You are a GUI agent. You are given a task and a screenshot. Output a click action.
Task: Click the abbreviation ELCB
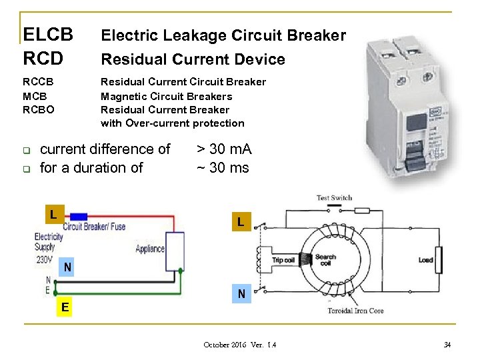[47, 34]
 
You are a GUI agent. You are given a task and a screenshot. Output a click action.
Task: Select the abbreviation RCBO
[39, 109]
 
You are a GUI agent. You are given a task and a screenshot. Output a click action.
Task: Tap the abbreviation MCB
[35, 96]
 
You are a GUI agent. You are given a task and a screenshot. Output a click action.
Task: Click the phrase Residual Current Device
[193, 59]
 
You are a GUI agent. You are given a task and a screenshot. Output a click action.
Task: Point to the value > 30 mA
[224, 149]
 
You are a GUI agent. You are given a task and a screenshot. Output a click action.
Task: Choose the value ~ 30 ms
[223, 167]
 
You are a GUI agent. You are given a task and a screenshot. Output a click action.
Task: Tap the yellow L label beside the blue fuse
[51, 215]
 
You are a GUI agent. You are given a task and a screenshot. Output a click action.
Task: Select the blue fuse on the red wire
[78, 216]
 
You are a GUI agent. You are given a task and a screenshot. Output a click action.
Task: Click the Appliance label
[150, 249]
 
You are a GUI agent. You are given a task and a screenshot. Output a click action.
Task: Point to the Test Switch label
[334, 198]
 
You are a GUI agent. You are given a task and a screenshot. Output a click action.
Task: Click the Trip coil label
[283, 260]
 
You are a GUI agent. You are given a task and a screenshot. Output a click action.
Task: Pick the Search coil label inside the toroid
[325, 260]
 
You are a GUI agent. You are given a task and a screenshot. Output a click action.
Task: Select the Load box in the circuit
[425, 260]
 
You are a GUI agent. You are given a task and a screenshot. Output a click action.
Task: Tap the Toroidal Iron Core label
[355, 311]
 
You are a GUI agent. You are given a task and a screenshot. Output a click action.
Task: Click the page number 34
[447, 345]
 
